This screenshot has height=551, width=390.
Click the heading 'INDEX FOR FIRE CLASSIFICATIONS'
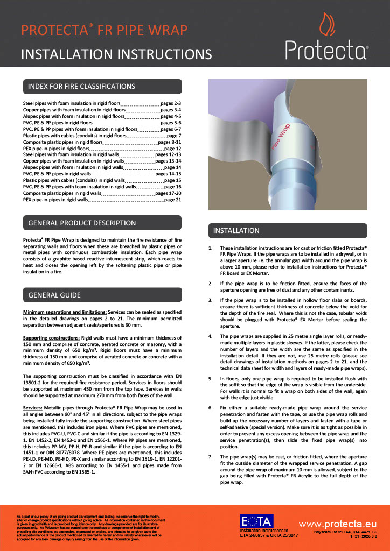(81, 86)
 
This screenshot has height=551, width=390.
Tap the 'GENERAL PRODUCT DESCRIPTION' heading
(82, 223)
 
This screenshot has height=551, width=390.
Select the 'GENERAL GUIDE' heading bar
(54, 295)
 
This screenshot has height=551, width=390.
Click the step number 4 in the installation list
(211, 336)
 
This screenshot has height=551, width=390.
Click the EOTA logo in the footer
(256, 521)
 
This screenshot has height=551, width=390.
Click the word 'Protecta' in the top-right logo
(326, 51)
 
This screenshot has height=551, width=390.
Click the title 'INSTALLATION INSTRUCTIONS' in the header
(116, 54)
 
